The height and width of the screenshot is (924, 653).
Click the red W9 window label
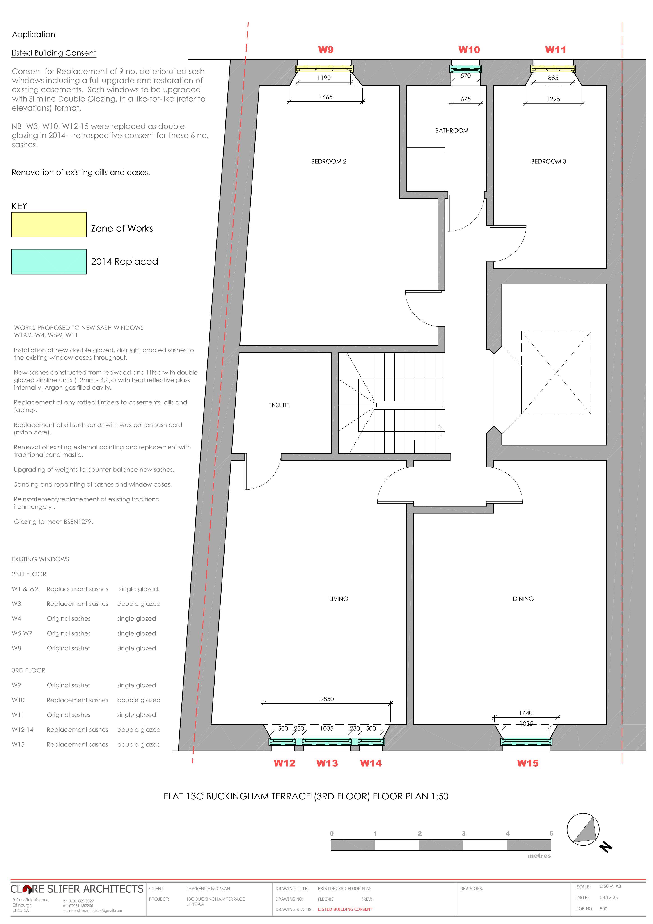pos(326,50)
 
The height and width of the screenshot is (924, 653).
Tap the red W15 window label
pos(527,763)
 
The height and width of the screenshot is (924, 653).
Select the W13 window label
pos(327,763)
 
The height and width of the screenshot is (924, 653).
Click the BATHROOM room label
pos(451,130)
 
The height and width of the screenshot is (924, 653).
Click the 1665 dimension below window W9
pos(326,97)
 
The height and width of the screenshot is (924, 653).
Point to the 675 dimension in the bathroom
pos(466,99)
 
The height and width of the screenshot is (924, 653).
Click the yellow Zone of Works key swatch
pos(49,224)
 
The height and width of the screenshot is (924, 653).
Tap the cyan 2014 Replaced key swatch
pos(49,262)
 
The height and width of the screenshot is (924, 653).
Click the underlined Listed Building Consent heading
pos(54,53)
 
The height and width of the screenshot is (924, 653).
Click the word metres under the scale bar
pos(539,856)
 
